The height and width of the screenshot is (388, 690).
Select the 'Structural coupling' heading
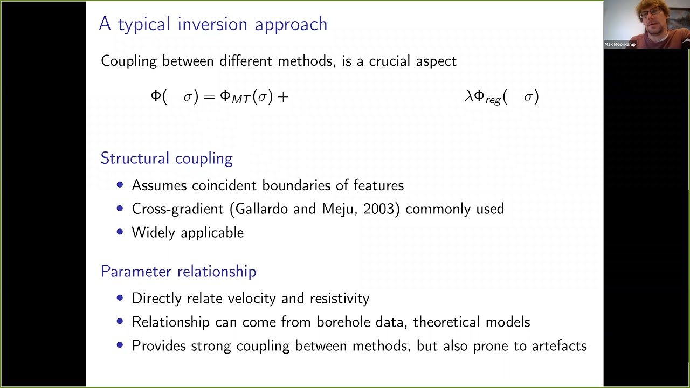coord(167,158)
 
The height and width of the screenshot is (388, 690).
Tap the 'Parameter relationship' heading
coord(178,272)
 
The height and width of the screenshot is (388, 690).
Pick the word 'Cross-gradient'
coord(177,209)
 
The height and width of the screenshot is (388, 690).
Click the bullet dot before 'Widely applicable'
coord(120,232)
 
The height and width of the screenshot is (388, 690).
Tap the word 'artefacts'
coord(559,346)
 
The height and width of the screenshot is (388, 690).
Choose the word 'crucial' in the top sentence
coord(390,61)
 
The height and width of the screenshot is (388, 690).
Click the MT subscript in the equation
coord(241,100)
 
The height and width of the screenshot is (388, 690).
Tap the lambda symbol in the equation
coord(468,96)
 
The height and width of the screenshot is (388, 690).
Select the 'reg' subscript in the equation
coord(493,100)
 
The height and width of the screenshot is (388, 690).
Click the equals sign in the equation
coord(210,97)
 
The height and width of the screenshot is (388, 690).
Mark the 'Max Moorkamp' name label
coord(620,44)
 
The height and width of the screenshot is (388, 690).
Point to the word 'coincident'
coord(224,185)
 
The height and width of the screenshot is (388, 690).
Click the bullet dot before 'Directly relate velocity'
coord(120,298)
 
